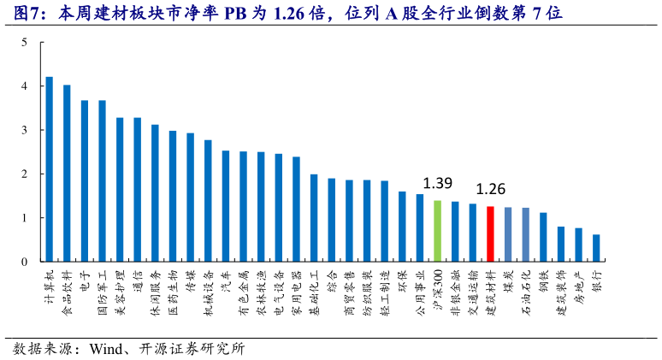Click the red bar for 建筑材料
[490, 233]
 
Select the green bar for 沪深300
[437, 231]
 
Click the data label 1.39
[437, 184]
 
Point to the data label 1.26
[490, 189]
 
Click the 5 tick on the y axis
[24, 42]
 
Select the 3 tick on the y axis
[24, 130]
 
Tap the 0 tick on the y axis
[24, 262]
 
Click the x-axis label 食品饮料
[67, 289]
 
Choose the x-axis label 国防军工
[102, 289]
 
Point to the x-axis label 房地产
[578, 285]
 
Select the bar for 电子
[85, 180]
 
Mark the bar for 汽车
[226, 206]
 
